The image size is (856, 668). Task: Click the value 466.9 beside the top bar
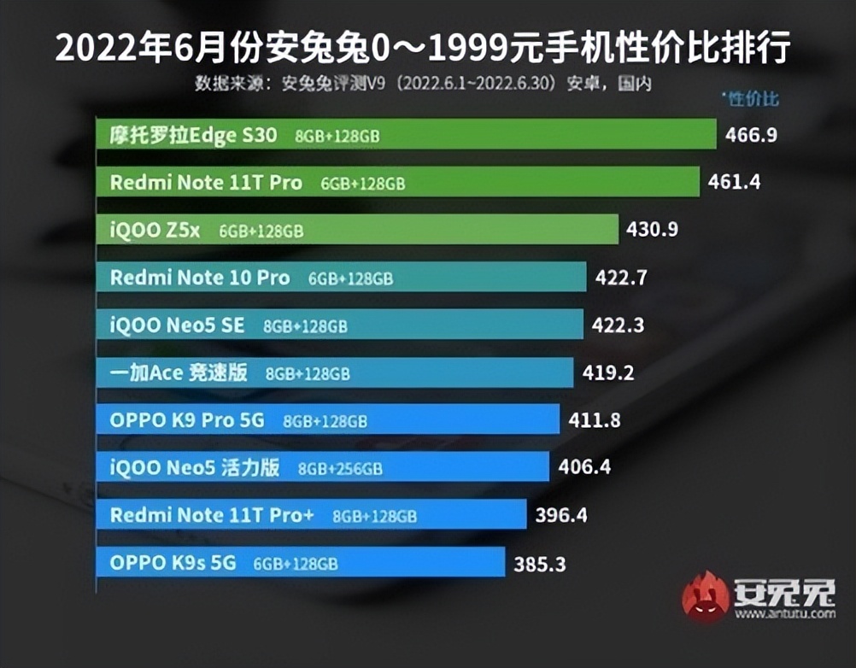click(751, 135)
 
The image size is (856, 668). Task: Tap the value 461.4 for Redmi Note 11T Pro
click(734, 182)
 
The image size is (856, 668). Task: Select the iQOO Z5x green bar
click(357, 230)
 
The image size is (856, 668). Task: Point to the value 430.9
click(652, 230)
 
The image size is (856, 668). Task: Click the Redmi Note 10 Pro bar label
click(200, 278)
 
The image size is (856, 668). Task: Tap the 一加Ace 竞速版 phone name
click(179, 373)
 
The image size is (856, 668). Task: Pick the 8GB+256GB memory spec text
click(340, 469)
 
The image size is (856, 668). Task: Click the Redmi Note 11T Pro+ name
click(214, 515)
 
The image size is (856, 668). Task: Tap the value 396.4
click(560, 515)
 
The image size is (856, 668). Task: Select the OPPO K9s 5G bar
click(300, 563)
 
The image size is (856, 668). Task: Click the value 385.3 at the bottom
click(539, 564)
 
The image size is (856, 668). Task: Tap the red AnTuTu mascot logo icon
click(706, 595)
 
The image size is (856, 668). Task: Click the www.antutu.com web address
click(783, 614)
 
